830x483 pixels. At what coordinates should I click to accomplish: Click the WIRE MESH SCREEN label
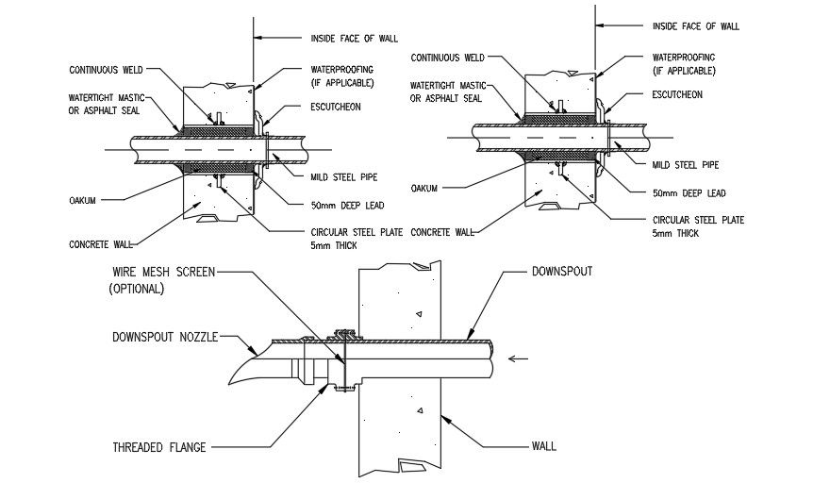pyautogui.click(x=161, y=272)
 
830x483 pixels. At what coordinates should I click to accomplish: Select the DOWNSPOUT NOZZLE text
pyautogui.click(x=165, y=337)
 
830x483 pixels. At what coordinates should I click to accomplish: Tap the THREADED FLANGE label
pyautogui.click(x=158, y=446)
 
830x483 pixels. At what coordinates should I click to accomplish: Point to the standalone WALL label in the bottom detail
pyautogui.click(x=544, y=444)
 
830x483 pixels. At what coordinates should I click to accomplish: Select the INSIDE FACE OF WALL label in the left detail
pyautogui.click(x=354, y=39)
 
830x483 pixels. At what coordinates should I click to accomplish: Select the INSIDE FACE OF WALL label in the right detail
pyautogui.click(x=695, y=26)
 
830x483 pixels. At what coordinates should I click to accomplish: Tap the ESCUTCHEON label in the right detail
pyautogui.click(x=677, y=95)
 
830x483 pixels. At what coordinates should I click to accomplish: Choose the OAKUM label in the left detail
pyautogui.click(x=83, y=200)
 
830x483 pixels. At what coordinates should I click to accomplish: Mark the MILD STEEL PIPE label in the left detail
pyautogui.click(x=343, y=176)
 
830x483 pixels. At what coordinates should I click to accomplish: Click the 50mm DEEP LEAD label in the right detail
pyautogui.click(x=689, y=193)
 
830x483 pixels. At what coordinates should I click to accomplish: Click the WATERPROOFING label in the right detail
pyautogui.click(x=684, y=57)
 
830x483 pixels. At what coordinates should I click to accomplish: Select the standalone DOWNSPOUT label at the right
pyautogui.click(x=561, y=271)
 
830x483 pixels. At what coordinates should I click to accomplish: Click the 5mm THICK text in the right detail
pyautogui.click(x=675, y=233)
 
